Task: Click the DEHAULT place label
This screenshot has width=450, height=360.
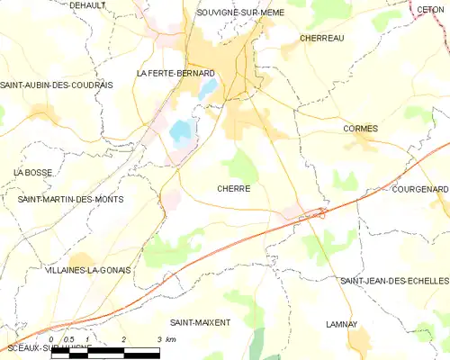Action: [x=87, y=5]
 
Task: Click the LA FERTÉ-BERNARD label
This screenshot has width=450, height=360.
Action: [x=175, y=73]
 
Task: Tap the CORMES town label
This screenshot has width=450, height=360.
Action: [x=360, y=129]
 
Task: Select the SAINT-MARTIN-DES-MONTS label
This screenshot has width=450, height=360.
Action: [x=71, y=199]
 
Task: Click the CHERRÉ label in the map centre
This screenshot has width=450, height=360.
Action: [x=233, y=189]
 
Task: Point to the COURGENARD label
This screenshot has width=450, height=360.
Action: [x=419, y=190]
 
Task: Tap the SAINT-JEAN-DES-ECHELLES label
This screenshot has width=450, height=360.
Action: [x=393, y=281]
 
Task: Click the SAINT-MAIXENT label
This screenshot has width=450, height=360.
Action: [x=200, y=321]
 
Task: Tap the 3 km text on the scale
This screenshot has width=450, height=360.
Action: [x=165, y=339]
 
